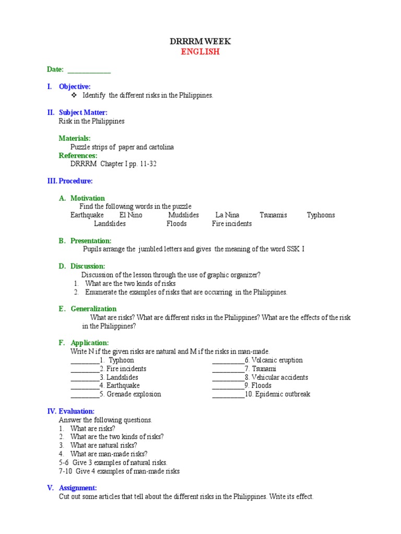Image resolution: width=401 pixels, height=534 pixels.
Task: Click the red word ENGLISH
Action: [200, 52]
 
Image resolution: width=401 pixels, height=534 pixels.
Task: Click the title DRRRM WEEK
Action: [200, 41]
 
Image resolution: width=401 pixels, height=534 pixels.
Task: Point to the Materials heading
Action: [75, 138]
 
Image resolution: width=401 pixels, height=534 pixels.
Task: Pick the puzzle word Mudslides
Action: [183, 215]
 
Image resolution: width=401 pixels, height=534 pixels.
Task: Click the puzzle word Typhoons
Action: [321, 215]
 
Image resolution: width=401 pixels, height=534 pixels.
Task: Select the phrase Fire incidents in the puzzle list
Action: [231, 224]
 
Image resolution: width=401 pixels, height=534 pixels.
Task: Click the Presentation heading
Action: [91, 241]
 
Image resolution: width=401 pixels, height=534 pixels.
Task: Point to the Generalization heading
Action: [93, 309]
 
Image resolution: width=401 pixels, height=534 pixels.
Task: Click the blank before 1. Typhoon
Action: [84, 360]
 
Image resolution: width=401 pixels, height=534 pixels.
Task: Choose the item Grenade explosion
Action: [134, 394]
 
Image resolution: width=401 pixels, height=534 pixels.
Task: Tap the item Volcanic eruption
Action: [277, 360]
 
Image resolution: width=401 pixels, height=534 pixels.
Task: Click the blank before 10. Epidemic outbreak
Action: [228, 395]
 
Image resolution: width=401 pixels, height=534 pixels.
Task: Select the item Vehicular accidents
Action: [279, 378]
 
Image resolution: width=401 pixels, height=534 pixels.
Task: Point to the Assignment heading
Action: [78, 488]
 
